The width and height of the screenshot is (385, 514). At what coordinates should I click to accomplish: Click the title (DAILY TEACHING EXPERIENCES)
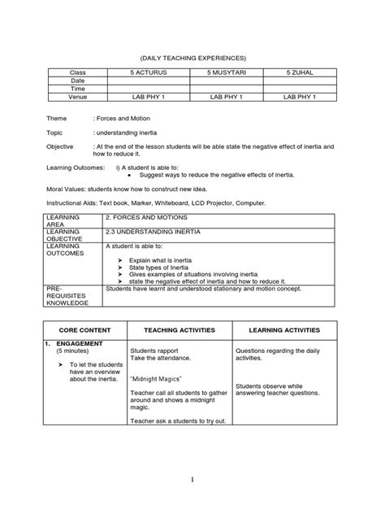coord(192,58)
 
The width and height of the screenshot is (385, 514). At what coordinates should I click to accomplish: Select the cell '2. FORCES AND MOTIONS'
coord(140,219)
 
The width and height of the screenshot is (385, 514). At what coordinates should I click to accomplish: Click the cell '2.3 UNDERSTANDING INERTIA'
coord(147,231)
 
